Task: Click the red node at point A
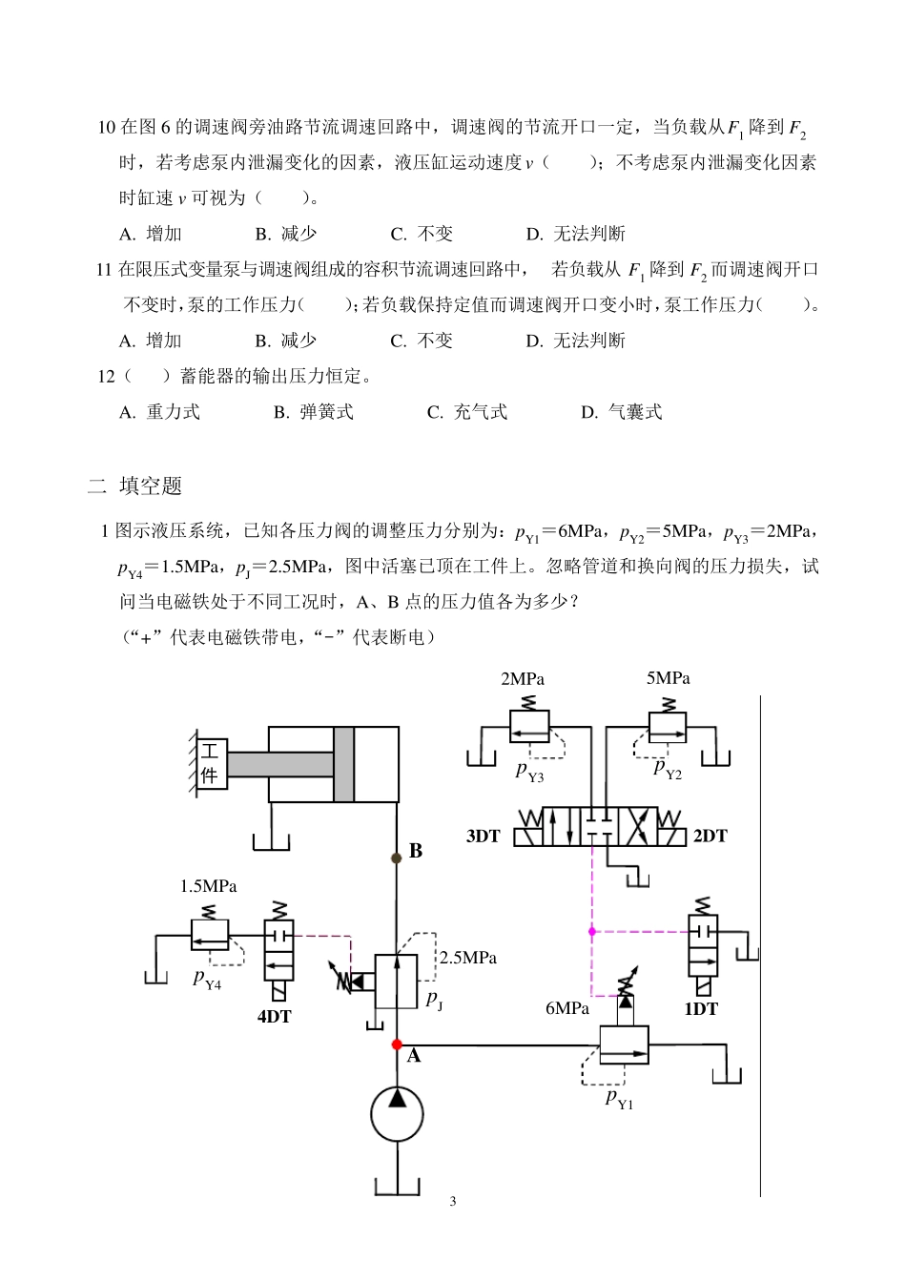397,1044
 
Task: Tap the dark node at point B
397,858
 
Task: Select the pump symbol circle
397,1114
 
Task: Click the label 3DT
484,837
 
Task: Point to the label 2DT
710,837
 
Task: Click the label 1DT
701,1008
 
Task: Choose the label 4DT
274,1017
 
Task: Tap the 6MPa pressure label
567,1008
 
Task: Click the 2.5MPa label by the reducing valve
468,958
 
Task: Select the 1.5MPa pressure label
209,886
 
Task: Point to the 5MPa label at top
668,678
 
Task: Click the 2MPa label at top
523,679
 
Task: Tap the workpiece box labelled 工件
210,763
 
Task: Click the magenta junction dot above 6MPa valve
592,931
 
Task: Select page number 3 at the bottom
453,1201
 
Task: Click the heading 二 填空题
134,486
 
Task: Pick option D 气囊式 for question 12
622,412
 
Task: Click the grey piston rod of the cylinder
279,765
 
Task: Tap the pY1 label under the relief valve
619,1099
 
